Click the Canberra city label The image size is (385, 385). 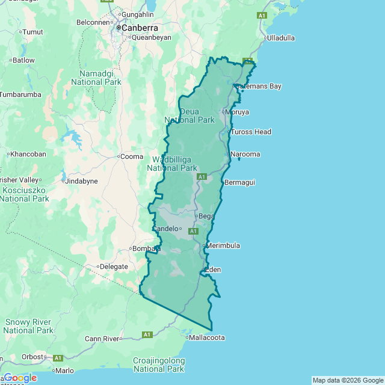click(x=140, y=28)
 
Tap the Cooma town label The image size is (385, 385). click(x=132, y=156)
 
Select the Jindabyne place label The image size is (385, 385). click(x=81, y=180)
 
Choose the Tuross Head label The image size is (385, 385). click(x=251, y=132)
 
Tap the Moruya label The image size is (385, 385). click(x=237, y=112)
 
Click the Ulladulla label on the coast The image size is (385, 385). click(x=281, y=37)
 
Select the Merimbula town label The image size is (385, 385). click(x=223, y=245)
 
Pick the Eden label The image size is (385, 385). click(x=214, y=269)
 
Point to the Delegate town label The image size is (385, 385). click(x=114, y=266)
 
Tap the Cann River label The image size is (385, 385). click(x=102, y=339)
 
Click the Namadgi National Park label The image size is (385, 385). click(x=96, y=77)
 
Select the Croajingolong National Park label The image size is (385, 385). click(x=159, y=364)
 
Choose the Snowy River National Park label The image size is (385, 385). click(x=28, y=326)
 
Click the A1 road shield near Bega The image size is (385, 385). click(x=193, y=231)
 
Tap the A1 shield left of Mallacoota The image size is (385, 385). click(x=147, y=334)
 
